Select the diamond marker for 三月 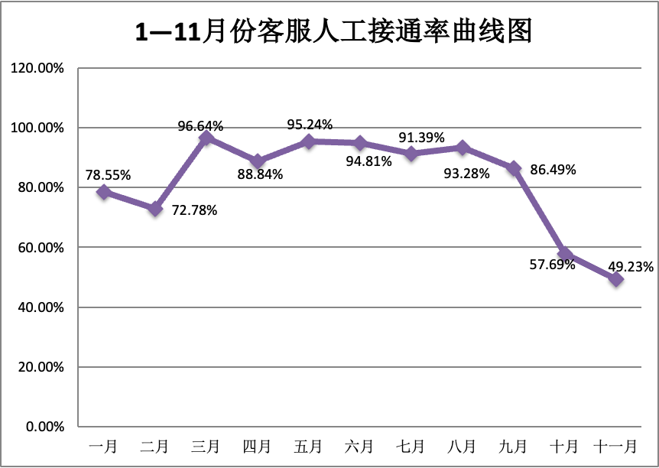[206, 138]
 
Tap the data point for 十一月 [616, 279]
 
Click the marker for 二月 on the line [155, 209]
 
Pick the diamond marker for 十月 [565, 254]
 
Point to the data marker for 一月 [104, 192]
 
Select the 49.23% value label [630, 267]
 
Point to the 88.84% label [260, 174]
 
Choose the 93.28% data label [467, 174]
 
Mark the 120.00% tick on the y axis [37, 68]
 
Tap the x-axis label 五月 [308, 447]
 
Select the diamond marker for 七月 [411, 154]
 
